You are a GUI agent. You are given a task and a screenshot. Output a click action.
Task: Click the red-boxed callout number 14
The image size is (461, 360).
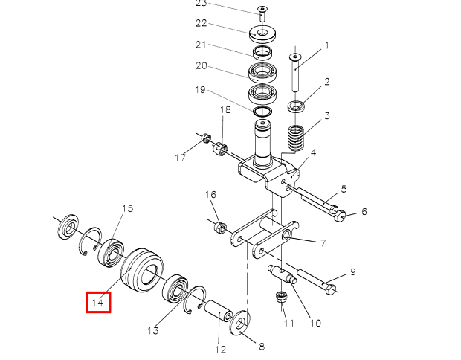[x=98, y=302]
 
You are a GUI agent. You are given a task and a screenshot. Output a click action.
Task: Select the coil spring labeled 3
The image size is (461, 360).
[x=296, y=137]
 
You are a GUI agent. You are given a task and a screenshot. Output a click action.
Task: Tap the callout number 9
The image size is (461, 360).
[x=353, y=271]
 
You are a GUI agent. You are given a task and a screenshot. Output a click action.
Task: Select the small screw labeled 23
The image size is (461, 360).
[x=262, y=10]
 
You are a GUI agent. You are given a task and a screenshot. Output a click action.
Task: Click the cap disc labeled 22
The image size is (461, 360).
[x=261, y=34]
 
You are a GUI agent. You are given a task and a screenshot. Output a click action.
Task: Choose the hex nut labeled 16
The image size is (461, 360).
[x=220, y=226]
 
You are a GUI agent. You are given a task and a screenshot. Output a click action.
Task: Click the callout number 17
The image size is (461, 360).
[x=180, y=157]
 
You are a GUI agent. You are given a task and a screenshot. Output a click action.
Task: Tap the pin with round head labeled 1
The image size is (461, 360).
[x=295, y=71]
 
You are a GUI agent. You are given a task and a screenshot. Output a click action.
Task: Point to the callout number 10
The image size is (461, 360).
[x=315, y=323]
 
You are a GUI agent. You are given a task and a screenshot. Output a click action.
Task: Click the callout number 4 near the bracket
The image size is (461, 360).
[x=313, y=152]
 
